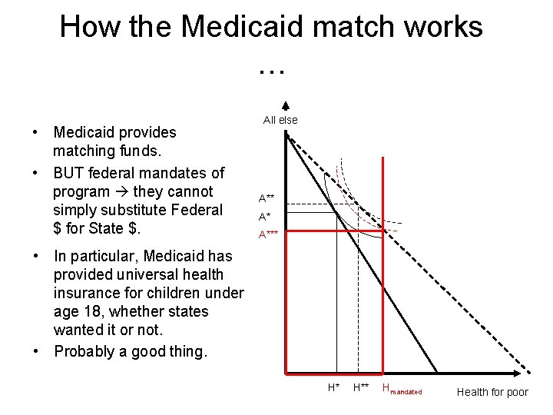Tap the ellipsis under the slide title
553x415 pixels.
272,70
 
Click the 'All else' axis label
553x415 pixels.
280,120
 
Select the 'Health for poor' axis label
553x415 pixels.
492,392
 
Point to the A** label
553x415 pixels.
267,198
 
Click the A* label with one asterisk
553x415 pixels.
264,217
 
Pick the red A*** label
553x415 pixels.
268,234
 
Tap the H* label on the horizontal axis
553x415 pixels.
333,387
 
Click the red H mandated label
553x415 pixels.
402,390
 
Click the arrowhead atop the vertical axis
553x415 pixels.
285,107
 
